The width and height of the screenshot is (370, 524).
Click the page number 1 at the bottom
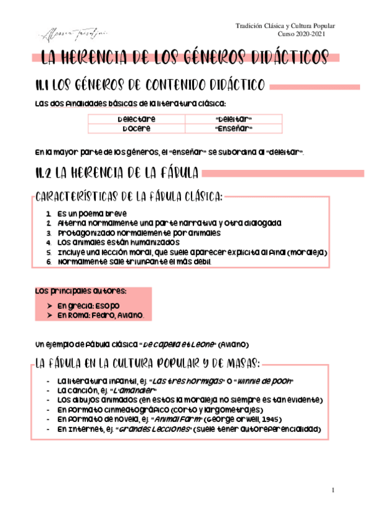333,491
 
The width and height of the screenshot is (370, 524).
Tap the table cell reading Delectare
137,119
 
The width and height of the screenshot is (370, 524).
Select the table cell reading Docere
137,129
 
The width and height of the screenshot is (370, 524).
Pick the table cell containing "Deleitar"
234,119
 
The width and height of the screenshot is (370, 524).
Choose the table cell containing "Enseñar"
234,129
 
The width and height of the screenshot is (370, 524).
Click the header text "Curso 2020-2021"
300,35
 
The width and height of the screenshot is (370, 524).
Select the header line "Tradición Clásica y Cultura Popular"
285,26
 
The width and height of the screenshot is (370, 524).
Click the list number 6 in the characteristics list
49,262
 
